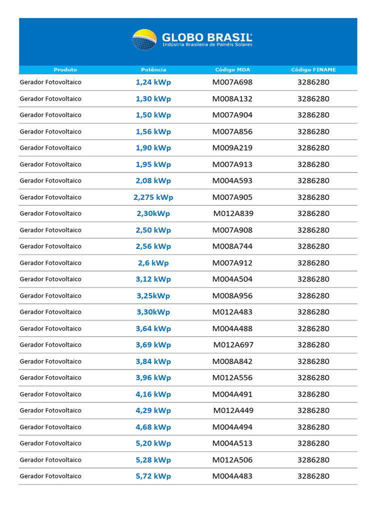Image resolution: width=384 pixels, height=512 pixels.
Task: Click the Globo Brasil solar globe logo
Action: [x=144, y=39]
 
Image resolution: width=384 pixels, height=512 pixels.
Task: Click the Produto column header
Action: [x=65, y=70]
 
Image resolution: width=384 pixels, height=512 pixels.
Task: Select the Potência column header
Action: [x=153, y=70]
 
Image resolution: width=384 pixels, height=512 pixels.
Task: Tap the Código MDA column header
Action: [x=232, y=70]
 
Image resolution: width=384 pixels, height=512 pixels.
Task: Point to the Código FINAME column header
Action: [x=313, y=70]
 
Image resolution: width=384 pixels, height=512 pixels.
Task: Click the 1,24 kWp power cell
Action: [x=153, y=82]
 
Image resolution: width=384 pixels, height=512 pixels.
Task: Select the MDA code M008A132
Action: [x=232, y=98]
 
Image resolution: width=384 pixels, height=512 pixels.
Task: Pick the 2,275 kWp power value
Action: [x=153, y=197]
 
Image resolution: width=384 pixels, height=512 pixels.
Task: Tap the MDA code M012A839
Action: [x=233, y=213]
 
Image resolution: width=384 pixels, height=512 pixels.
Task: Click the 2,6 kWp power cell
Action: [x=153, y=263]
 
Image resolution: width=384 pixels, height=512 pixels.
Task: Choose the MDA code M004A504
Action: [x=232, y=279]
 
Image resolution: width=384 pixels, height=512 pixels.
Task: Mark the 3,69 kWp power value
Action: [x=153, y=345]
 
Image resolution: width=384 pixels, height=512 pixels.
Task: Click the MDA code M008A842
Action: [x=232, y=361]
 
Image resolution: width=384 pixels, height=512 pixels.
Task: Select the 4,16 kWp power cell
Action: [x=153, y=394]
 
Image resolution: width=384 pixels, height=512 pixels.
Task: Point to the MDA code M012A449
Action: [x=233, y=410]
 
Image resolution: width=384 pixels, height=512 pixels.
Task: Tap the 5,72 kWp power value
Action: [x=153, y=476]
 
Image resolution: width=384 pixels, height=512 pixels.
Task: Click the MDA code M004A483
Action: [x=232, y=476]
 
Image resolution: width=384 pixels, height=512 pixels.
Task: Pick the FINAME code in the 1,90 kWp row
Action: [x=313, y=148]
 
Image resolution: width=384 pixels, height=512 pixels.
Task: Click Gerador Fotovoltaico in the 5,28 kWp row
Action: [x=50, y=459]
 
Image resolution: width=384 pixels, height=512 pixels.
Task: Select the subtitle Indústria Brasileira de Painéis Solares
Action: [x=207, y=45]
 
